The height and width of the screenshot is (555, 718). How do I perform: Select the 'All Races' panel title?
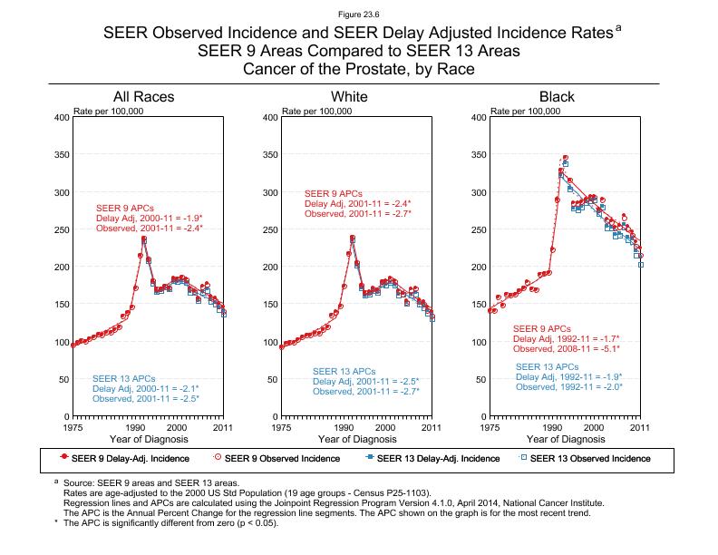143,97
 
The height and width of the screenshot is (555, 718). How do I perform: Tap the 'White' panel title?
350,97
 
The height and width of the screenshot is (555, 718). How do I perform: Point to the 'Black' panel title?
557,97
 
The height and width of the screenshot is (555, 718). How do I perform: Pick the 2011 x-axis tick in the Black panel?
640,426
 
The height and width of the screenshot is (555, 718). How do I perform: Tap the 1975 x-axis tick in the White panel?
281,426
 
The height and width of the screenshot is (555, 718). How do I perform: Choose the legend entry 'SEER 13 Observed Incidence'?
589,458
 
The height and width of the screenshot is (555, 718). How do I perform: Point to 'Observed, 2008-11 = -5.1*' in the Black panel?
568,349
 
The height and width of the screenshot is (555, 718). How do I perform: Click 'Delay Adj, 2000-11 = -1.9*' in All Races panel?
149,219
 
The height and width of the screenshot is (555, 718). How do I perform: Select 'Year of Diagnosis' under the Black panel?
566,439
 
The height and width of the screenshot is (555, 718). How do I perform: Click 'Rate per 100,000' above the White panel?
317,112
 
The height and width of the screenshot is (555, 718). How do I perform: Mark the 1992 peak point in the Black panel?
565,158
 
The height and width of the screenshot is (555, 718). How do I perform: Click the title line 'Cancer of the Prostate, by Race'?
358,70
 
